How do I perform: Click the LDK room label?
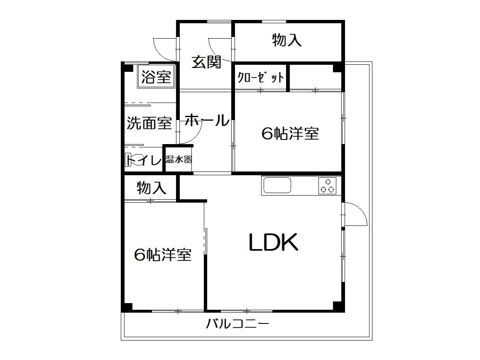(273, 242)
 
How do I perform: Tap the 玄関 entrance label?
(206, 62)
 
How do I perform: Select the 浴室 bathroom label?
(156, 76)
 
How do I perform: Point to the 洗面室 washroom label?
(149, 123)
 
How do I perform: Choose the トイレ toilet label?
(143, 160)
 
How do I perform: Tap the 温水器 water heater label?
(179, 159)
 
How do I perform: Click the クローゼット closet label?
(261, 78)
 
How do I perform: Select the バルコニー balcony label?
(238, 323)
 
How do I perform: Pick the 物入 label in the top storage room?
(287, 40)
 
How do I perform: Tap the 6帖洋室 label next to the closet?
(290, 133)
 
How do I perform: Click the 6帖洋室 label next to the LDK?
(163, 255)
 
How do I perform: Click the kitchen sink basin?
(277, 185)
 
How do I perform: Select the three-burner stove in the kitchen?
(327, 186)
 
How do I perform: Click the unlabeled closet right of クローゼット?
(315, 77)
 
